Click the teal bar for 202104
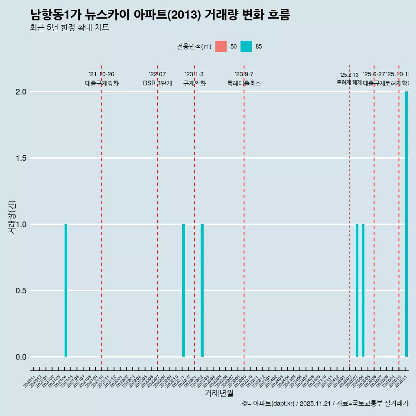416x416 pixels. coord(66,290)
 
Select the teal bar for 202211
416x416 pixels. coord(183,290)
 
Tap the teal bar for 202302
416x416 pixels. coord(202,290)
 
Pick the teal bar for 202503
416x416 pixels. coord(357,290)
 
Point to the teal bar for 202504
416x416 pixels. coord(363,290)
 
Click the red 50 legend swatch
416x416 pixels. coord(221,46)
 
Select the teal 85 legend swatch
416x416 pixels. coord(246,46)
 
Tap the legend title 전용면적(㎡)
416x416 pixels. coord(194,46)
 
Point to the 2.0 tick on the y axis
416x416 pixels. coord(22,92)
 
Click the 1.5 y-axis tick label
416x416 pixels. coord(22,158)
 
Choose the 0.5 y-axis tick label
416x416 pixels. coord(22,291)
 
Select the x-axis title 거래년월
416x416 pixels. coord(219,393)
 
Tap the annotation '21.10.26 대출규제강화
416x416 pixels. coord(101,79)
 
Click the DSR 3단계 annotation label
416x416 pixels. coord(157,83)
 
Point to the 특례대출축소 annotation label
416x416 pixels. coord(244,83)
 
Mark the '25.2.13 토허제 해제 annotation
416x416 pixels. coord(349,79)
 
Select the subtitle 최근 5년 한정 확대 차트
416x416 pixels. coord(69,28)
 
